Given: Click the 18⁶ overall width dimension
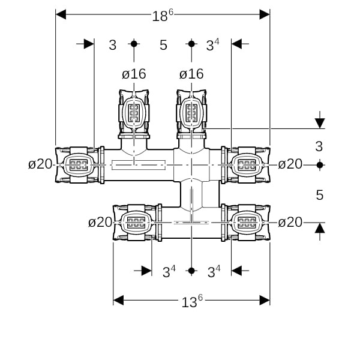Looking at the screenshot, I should click(x=162, y=16).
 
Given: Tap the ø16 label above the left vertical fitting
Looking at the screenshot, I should click(x=134, y=74).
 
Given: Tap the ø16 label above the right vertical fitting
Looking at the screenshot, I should click(x=191, y=74).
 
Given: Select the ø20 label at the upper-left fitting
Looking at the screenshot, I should click(x=40, y=164).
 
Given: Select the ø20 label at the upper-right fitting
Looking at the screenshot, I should click(x=290, y=164).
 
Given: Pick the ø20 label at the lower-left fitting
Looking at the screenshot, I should click(x=100, y=223).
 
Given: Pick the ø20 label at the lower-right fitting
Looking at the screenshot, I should click(x=290, y=223).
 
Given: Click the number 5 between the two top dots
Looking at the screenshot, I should click(x=163, y=44).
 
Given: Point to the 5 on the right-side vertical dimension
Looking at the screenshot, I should click(x=319, y=194).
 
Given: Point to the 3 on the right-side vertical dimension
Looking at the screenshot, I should click(x=319, y=146).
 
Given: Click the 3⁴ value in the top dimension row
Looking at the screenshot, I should click(x=212, y=44).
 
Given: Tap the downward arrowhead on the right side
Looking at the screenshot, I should click(x=320, y=123).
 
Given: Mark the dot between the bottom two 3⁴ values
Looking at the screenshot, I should click(x=191, y=271).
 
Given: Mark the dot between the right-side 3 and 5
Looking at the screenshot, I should click(x=320, y=164).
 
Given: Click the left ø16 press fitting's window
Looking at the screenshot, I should click(x=134, y=112).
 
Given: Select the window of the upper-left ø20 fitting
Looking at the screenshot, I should click(x=76, y=164).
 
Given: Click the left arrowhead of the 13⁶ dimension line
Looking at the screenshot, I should click(x=119, y=299).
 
